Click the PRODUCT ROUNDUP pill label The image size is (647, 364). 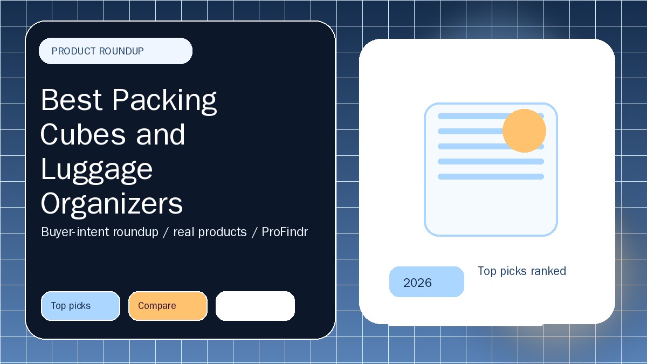[x=115, y=51]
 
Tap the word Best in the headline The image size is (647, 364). [x=72, y=100]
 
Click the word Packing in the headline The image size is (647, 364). [x=164, y=102]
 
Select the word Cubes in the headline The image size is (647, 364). [x=83, y=134]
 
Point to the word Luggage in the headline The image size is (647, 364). [x=97, y=171]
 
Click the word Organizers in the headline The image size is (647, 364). [x=112, y=204]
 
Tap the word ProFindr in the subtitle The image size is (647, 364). [x=285, y=232]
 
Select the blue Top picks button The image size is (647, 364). [x=80, y=306]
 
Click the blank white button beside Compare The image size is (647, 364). [x=255, y=306]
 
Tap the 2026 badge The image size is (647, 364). [x=426, y=281]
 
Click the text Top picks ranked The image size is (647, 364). [x=522, y=271]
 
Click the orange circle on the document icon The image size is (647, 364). [x=524, y=131]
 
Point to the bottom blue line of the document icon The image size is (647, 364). [x=491, y=176]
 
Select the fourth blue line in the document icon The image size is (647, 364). [x=491, y=161]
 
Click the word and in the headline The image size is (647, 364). [x=161, y=134]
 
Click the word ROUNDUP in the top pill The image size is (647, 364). [x=121, y=51]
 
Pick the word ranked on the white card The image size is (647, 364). [x=548, y=271]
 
